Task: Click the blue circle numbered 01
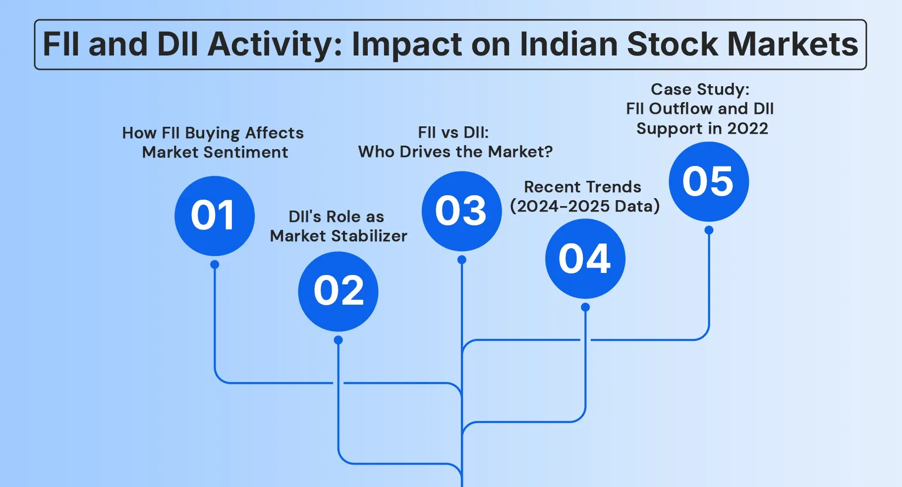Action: pos(214,216)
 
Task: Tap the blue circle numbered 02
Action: pos(338,291)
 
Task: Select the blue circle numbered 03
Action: pos(461,211)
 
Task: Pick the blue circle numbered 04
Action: pos(585,259)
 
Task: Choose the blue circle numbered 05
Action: pos(708,181)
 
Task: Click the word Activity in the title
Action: pos(274,45)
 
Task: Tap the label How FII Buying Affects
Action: pos(213,133)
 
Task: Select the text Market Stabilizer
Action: pos(338,236)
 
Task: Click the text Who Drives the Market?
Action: pos(455,152)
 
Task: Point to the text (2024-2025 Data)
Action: pos(585,206)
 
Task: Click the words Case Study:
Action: pos(700,89)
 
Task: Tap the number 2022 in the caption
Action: pos(747,129)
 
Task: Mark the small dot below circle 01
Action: pos(215,265)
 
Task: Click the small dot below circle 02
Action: pos(338,340)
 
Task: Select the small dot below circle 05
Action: pos(709,230)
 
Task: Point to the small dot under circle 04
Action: pos(585,307)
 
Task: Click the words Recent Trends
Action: pos(582,187)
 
